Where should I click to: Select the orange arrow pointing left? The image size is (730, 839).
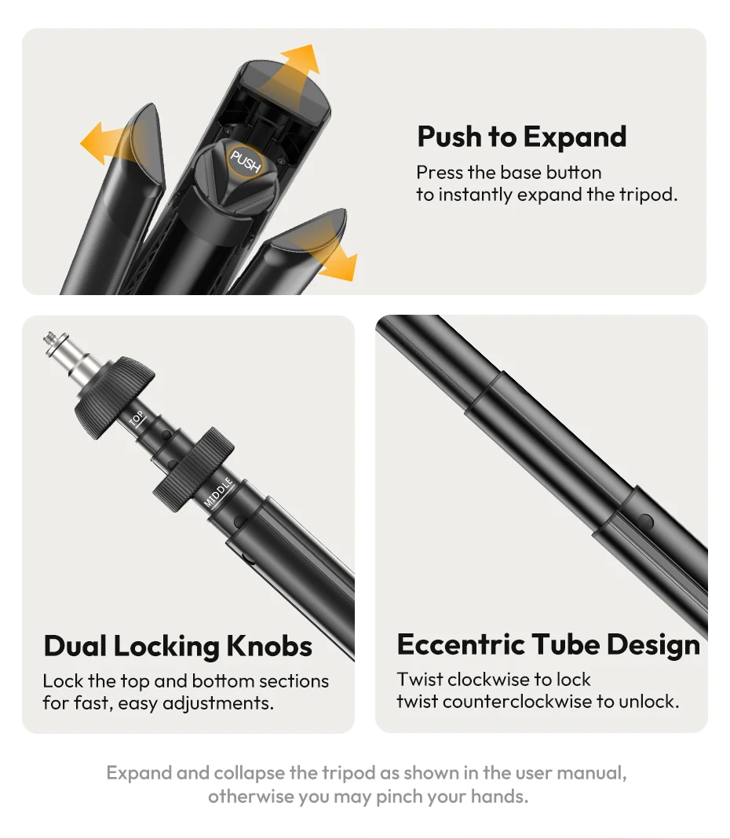110,143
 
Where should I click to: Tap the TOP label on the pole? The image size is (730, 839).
137,419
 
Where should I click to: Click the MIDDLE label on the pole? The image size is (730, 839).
219,492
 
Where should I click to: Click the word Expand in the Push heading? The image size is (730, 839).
575,137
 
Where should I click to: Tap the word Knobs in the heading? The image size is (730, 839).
269,646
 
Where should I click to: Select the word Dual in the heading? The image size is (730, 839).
75,646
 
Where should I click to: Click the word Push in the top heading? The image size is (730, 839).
450,137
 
